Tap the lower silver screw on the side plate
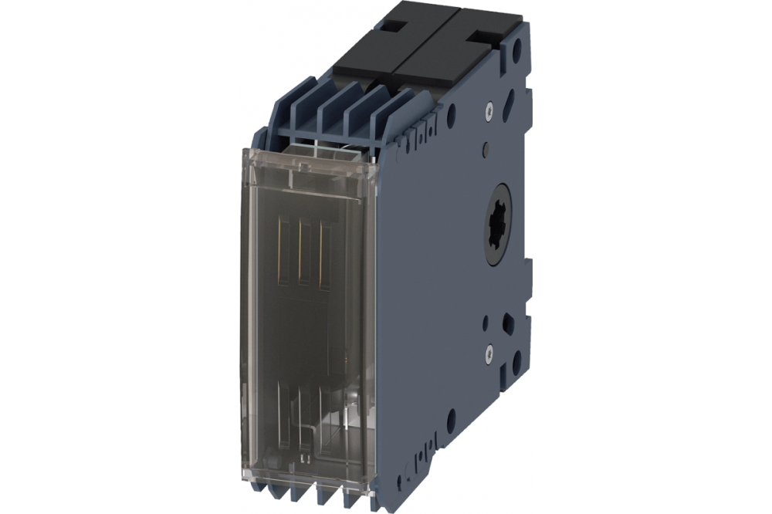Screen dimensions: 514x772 pyautogui.click(x=489, y=353)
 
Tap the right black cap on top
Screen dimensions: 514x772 pyautogui.click(x=455, y=58)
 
